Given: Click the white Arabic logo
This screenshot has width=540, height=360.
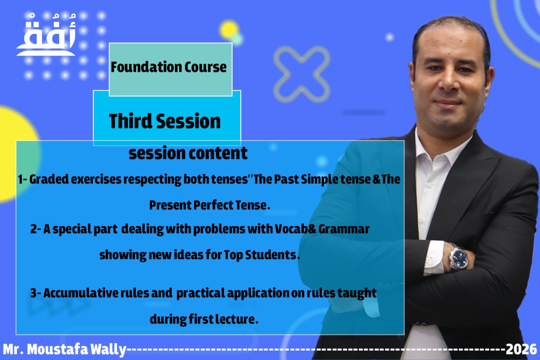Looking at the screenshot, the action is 46,35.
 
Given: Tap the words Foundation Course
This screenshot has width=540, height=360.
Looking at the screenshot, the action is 169,67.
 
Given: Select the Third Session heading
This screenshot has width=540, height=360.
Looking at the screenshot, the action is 165,121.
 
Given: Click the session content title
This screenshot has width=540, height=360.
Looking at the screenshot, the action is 188,153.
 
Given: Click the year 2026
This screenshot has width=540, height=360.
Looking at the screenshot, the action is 521,349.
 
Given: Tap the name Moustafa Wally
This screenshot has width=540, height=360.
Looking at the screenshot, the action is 77,349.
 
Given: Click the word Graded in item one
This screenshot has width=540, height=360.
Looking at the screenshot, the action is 49,179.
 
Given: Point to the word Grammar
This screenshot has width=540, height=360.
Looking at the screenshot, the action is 344,229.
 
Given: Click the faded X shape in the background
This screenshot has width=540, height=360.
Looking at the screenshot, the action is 302,74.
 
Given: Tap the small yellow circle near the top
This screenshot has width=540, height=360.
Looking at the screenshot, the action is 229,30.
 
